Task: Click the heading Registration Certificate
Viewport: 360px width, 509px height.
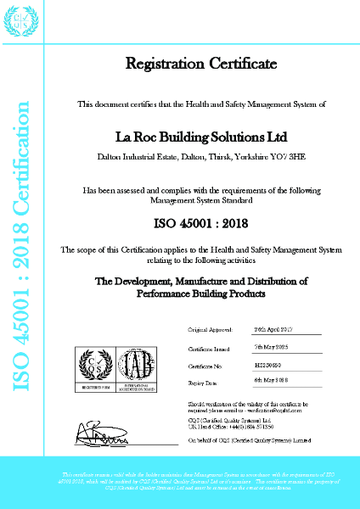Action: pos(201,64)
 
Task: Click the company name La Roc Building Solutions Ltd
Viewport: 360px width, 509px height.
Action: pos(201,137)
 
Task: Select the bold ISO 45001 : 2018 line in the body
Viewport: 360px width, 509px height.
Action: pos(201,225)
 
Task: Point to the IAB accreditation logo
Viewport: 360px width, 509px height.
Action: pos(136,367)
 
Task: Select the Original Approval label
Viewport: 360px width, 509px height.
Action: pos(209,329)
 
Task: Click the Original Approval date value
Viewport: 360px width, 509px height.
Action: pos(273,329)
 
